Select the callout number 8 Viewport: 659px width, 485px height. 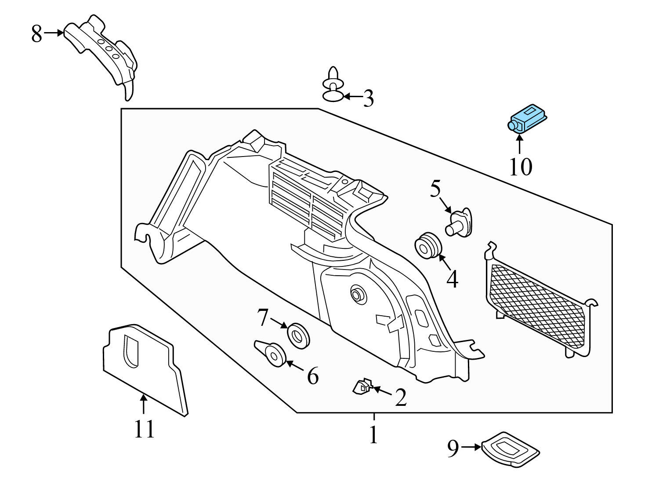(x=36, y=34)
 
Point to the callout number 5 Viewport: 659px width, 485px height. (x=435, y=190)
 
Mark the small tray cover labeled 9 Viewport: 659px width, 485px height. (x=511, y=449)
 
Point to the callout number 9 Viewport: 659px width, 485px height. (x=453, y=449)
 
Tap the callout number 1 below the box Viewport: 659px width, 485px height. (x=373, y=435)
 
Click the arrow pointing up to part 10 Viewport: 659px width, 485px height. (x=520, y=144)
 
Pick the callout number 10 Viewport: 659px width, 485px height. (x=521, y=167)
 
